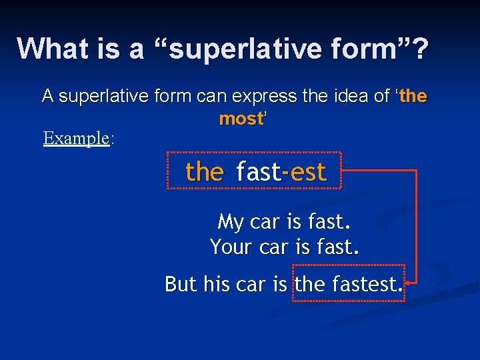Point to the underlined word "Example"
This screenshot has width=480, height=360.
(76, 138)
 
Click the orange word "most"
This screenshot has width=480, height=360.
(241, 119)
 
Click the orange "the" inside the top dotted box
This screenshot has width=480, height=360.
(204, 172)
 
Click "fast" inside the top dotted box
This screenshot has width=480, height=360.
(258, 172)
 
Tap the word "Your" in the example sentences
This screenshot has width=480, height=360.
(229, 247)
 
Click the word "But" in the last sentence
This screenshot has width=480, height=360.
(181, 285)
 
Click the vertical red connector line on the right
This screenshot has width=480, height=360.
(417, 227)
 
